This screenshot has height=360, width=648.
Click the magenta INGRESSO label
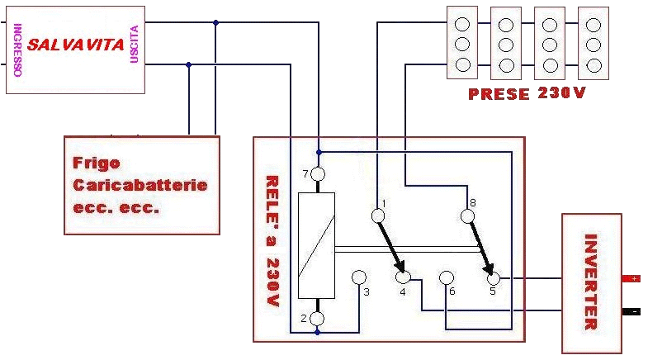(x=17, y=50)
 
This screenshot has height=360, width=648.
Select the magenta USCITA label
(x=134, y=44)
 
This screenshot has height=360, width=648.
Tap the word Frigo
(x=92, y=163)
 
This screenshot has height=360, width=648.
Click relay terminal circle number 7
(x=318, y=175)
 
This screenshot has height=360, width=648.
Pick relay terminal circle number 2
(x=317, y=318)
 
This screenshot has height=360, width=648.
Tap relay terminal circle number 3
(x=360, y=277)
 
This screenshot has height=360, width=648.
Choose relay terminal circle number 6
(x=447, y=277)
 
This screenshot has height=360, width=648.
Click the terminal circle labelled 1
(x=379, y=216)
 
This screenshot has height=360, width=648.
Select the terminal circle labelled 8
(x=468, y=216)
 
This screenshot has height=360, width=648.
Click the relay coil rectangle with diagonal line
(x=317, y=245)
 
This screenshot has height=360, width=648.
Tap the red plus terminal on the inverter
(x=631, y=279)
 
